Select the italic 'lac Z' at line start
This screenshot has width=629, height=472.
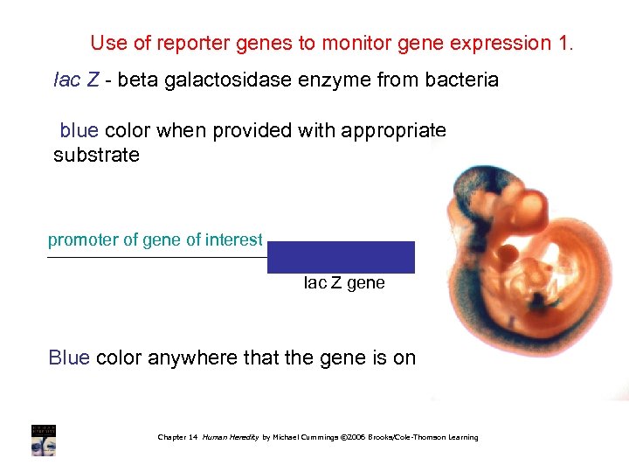[74, 80]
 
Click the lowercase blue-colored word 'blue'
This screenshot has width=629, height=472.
[79, 131]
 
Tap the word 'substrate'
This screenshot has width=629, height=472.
[96, 156]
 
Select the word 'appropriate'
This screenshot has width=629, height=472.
[397, 131]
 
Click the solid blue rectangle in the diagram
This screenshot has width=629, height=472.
[341, 257]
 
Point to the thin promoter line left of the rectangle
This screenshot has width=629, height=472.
[157, 258]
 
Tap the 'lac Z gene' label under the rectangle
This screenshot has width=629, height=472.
[344, 283]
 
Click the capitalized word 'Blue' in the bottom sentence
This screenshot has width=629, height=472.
[69, 357]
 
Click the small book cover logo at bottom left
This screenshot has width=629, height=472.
[44, 440]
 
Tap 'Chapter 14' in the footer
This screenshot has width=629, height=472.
[177, 437]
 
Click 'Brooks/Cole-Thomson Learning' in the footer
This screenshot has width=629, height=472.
[425, 437]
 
